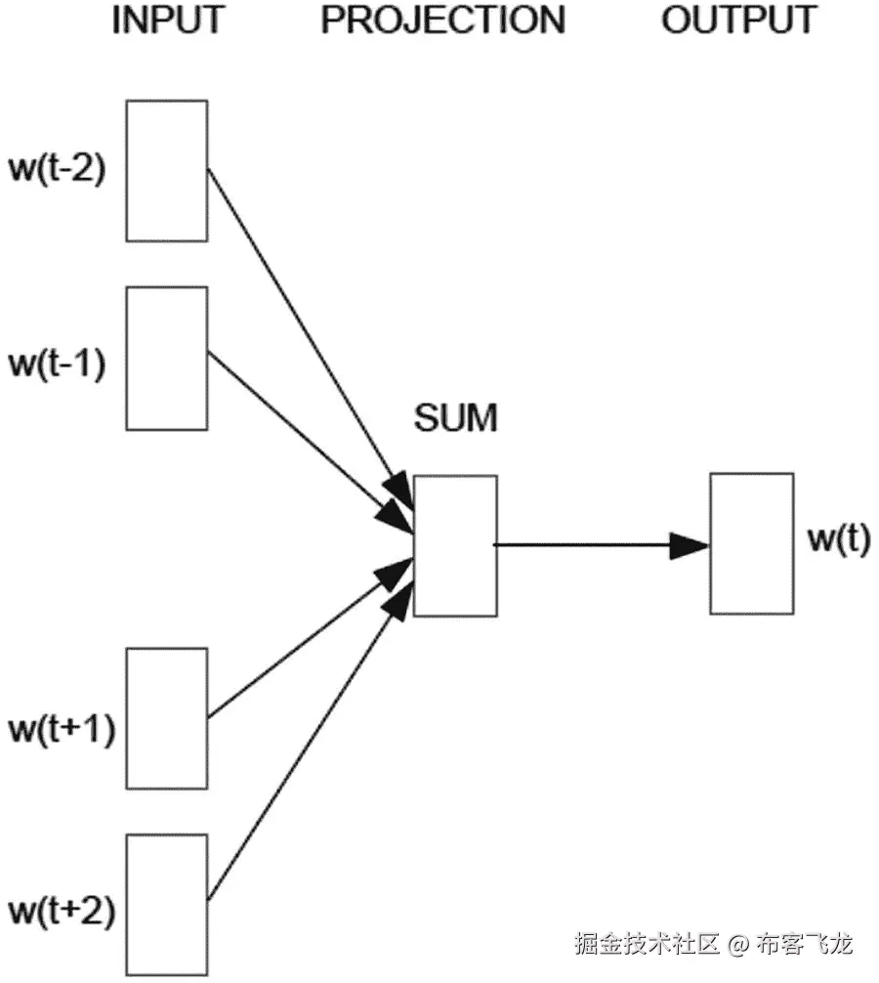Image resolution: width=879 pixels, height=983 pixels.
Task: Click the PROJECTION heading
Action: [442, 20]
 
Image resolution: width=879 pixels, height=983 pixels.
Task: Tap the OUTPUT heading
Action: [738, 20]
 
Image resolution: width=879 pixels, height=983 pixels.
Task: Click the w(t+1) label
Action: [61, 728]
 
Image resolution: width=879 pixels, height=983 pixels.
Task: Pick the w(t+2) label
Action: [61, 914]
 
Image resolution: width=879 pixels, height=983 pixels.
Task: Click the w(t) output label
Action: [838, 539]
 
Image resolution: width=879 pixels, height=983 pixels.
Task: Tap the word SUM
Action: [455, 419]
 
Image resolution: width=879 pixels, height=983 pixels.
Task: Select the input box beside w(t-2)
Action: [167, 170]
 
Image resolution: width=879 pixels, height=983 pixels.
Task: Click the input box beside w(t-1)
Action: [167, 358]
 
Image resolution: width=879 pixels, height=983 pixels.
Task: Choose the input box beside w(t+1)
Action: [167, 718]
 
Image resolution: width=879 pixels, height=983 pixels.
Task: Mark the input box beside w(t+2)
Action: [167, 904]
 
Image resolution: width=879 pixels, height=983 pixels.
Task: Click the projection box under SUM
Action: [455, 545]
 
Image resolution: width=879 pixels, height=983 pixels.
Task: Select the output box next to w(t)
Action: [751, 543]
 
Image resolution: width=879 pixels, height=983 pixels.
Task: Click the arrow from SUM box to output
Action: [586, 544]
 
